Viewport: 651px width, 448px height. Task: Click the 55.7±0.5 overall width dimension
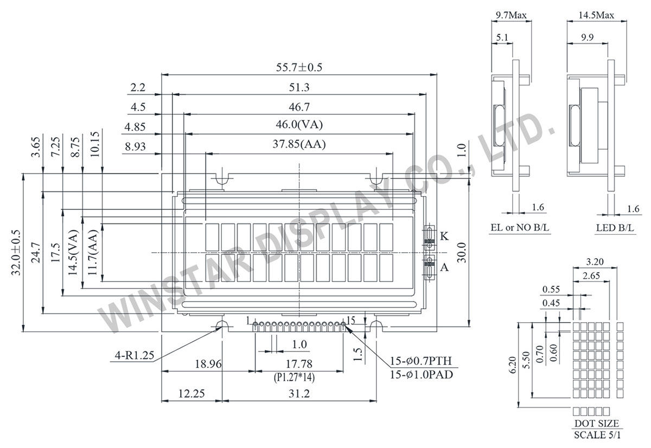(x=300, y=67)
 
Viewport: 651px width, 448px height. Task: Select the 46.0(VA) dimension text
(x=300, y=125)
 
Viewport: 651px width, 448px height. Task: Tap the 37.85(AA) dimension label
(x=300, y=144)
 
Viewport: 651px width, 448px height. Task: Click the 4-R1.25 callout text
(x=135, y=356)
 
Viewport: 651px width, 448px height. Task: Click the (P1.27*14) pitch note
(x=299, y=376)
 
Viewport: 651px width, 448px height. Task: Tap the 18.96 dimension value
(x=208, y=364)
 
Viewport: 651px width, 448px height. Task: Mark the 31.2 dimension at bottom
(x=299, y=394)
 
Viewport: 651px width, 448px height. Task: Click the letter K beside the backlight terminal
(x=444, y=236)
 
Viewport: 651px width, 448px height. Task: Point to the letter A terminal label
(x=444, y=266)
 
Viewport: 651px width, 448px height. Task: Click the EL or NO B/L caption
(x=519, y=228)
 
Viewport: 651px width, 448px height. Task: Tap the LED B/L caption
(x=615, y=228)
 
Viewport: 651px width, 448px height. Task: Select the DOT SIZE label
(x=595, y=424)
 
